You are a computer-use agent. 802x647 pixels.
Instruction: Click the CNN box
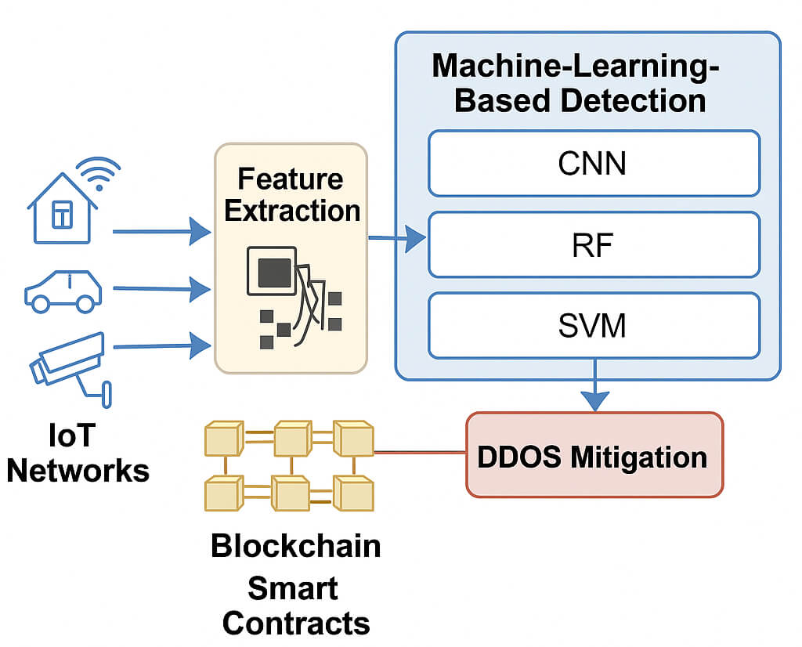click(593, 163)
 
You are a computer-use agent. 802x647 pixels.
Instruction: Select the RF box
click(593, 244)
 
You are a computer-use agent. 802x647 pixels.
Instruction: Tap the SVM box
click(593, 324)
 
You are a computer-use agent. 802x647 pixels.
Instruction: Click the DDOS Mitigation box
click(594, 455)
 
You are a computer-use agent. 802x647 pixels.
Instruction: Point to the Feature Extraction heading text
click(291, 194)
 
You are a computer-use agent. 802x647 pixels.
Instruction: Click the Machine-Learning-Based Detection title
click(580, 83)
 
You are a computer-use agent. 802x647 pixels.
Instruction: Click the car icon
click(63, 292)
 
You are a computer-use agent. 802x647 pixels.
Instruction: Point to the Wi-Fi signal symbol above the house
click(99, 174)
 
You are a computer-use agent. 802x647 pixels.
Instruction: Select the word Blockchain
click(295, 545)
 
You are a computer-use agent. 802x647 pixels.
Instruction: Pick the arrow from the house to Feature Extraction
click(161, 232)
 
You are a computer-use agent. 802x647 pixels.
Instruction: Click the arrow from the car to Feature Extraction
click(161, 289)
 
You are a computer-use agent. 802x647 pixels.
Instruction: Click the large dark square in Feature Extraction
click(273, 272)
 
